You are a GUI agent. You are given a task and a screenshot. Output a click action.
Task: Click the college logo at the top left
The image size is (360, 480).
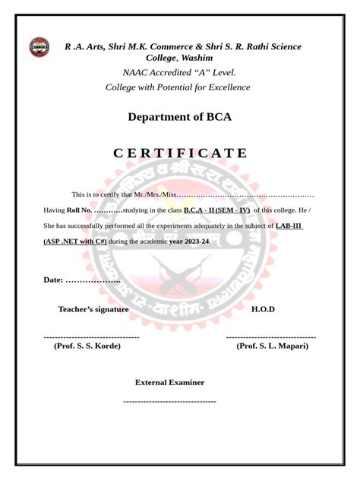(x=39, y=47)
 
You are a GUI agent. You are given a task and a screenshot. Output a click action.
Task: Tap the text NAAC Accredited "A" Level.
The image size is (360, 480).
(x=179, y=73)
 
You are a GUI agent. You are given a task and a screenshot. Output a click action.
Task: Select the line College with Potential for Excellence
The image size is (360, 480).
(x=178, y=87)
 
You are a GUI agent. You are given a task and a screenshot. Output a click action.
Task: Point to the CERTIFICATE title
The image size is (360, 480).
(x=180, y=153)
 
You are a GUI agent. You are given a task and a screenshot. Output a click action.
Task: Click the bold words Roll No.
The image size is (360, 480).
(x=79, y=210)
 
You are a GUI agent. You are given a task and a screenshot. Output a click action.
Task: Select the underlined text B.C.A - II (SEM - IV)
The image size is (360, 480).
(x=217, y=210)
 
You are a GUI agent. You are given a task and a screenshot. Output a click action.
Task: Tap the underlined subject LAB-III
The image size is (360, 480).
(x=289, y=226)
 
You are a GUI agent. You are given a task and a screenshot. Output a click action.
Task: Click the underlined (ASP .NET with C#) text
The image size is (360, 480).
(x=75, y=242)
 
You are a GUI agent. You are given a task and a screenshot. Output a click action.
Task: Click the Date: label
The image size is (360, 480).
(x=53, y=281)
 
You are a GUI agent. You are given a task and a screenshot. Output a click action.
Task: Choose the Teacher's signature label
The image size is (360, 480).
(x=93, y=309)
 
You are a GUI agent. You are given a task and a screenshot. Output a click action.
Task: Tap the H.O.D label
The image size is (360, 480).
(x=263, y=309)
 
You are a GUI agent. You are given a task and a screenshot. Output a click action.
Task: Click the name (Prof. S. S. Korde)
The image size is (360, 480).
(x=87, y=346)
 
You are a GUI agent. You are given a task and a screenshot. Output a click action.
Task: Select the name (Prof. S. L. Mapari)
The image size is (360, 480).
(x=272, y=346)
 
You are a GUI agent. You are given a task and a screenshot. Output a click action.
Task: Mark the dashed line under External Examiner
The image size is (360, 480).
(x=169, y=400)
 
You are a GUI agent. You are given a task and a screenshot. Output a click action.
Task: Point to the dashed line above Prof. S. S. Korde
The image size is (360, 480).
(x=91, y=336)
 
